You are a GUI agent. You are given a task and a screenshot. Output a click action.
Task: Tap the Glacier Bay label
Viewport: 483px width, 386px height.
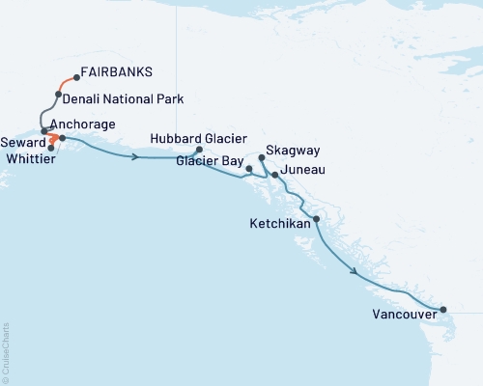tap(209, 162)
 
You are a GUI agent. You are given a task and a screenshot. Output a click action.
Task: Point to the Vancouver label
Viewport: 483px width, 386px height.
tap(403, 315)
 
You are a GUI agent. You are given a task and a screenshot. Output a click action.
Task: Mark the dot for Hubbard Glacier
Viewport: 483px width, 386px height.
tap(199, 150)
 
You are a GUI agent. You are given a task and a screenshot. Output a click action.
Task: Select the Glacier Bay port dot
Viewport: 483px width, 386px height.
tap(250, 169)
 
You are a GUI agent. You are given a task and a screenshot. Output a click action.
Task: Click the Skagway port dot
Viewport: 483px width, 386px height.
tap(263, 157)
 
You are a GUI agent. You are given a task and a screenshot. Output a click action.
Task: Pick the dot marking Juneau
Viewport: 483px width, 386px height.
tap(275, 175)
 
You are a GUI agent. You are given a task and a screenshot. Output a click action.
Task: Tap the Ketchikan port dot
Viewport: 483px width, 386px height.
tap(317, 220)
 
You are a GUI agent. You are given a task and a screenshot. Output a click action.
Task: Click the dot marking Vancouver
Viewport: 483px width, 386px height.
tap(443, 310)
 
